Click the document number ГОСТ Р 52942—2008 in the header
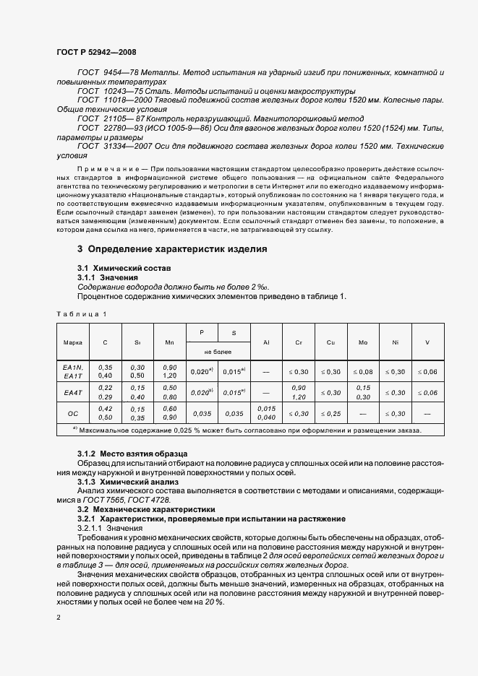tap(95, 52)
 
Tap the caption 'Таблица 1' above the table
tap(81, 314)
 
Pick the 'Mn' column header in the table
tap(170, 342)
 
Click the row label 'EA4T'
tap(72, 392)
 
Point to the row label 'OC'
tap(72, 413)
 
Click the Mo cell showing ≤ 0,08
tap(362, 371)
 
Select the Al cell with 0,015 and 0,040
tap(265, 413)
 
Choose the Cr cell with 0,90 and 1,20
tap(298, 392)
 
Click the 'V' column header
tap(427, 342)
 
